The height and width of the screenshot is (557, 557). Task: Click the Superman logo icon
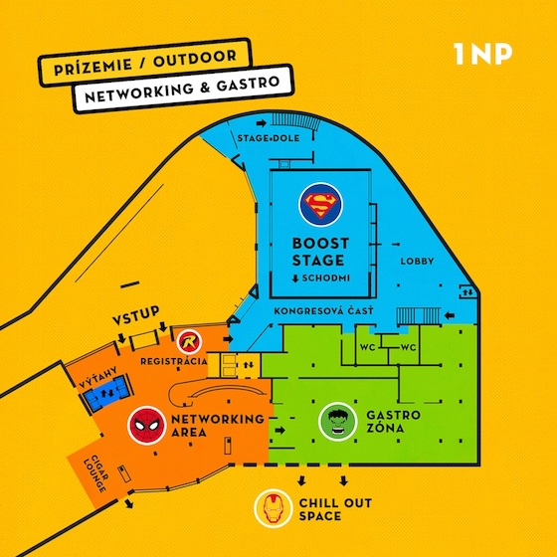click(320, 205)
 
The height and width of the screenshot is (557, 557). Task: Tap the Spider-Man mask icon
click(147, 426)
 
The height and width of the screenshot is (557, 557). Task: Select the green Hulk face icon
click(337, 422)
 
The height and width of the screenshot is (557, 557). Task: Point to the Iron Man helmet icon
click(274, 508)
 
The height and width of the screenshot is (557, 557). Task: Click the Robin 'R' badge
click(189, 342)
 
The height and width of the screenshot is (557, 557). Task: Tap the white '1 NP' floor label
click(483, 54)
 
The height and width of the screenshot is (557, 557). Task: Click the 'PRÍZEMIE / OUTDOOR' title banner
click(145, 63)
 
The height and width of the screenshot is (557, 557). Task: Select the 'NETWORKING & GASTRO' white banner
click(183, 89)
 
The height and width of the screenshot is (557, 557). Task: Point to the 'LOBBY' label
click(417, 262)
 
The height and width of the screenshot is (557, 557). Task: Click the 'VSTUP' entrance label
click(136, 315)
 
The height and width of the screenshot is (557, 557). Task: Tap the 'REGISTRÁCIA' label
click(174, 362)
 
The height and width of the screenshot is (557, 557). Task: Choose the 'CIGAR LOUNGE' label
click(95, 473)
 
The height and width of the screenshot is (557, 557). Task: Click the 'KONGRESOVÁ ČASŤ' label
click(323, 311)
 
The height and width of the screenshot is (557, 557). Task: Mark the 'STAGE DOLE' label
click(269, 138)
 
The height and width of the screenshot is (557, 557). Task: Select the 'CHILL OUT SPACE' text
click(335, 509)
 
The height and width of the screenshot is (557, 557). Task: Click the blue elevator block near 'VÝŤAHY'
click(106, 393)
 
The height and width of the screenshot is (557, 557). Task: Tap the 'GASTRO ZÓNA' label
click(393, 422)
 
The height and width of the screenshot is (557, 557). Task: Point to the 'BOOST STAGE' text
click(320, 252)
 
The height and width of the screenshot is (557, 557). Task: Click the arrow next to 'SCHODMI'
click(295, 278)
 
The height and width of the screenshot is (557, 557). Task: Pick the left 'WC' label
click(367, 347)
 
